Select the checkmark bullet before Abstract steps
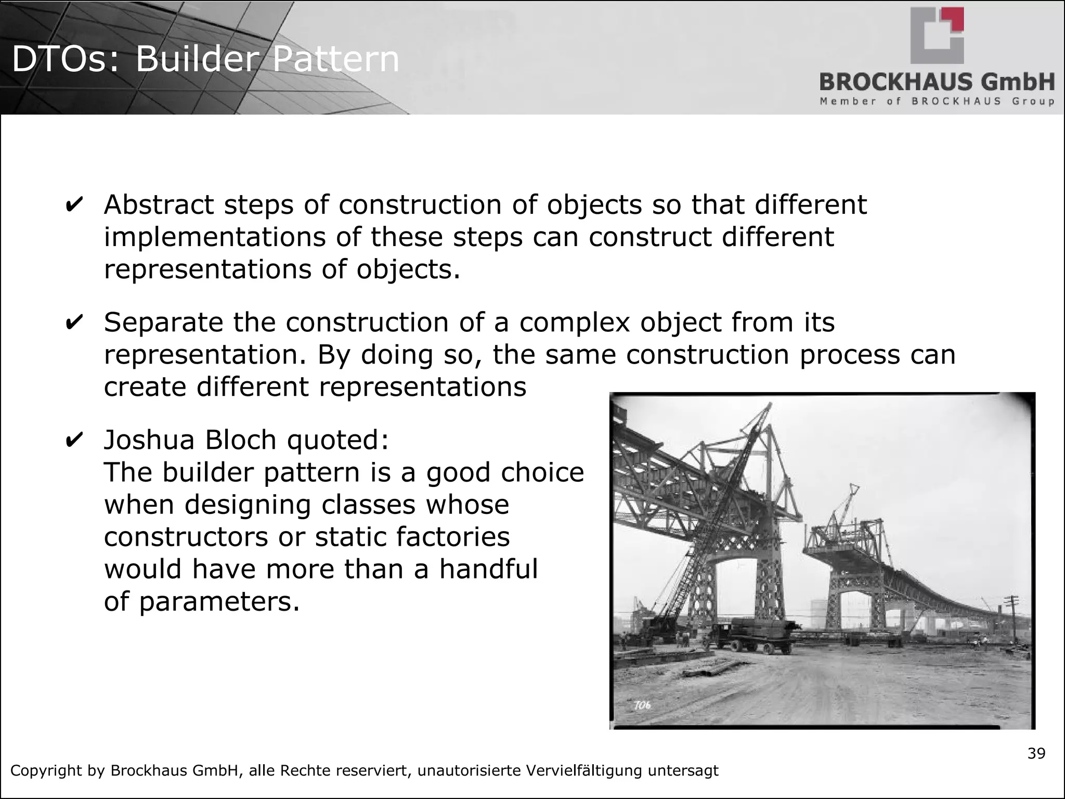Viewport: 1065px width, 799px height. [73, 204]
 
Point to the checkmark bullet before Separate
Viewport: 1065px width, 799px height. [73, 322]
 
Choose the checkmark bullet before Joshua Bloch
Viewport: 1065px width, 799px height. [73, 440]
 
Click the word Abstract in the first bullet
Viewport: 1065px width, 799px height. [159, 204]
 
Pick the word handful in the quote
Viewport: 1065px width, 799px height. [488, 569]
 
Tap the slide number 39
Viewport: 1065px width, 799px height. [1036, 754]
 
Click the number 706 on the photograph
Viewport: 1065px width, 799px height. [642, 705]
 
